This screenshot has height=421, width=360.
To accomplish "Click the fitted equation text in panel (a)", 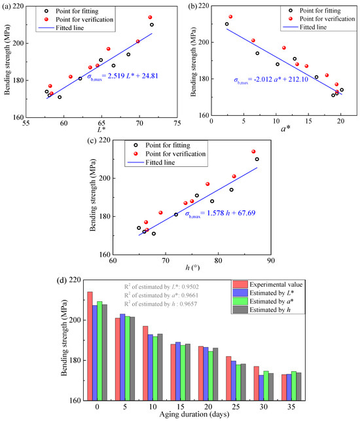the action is pos(122,76).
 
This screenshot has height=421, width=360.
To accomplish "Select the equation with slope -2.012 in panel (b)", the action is pos(271,80).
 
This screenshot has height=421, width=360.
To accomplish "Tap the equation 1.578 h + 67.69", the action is pos(220,213).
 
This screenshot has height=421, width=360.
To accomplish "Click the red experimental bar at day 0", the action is pos(90,346).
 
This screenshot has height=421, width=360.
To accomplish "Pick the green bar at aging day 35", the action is pos(294,386).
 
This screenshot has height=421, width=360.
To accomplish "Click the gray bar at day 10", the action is pos(160,367).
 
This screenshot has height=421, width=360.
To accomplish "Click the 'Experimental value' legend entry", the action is pos(268,285).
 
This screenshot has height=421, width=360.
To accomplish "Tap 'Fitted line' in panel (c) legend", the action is pos(151,162).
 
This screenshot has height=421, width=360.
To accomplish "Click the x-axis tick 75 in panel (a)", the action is pos(177,123).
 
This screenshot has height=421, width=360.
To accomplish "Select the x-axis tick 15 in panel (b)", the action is pos(308,121).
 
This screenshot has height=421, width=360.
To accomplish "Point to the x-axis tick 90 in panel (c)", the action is pos(271,261).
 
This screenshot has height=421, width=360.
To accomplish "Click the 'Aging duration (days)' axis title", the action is pos(194,414).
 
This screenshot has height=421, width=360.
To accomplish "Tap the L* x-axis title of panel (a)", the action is pos(101,130).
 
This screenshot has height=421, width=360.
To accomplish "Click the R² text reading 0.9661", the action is pos(161,295).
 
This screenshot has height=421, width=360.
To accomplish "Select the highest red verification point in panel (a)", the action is pos(150,18).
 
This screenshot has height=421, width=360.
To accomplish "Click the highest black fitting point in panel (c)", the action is pos(257,159).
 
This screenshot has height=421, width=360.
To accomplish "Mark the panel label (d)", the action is pos(62,280).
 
